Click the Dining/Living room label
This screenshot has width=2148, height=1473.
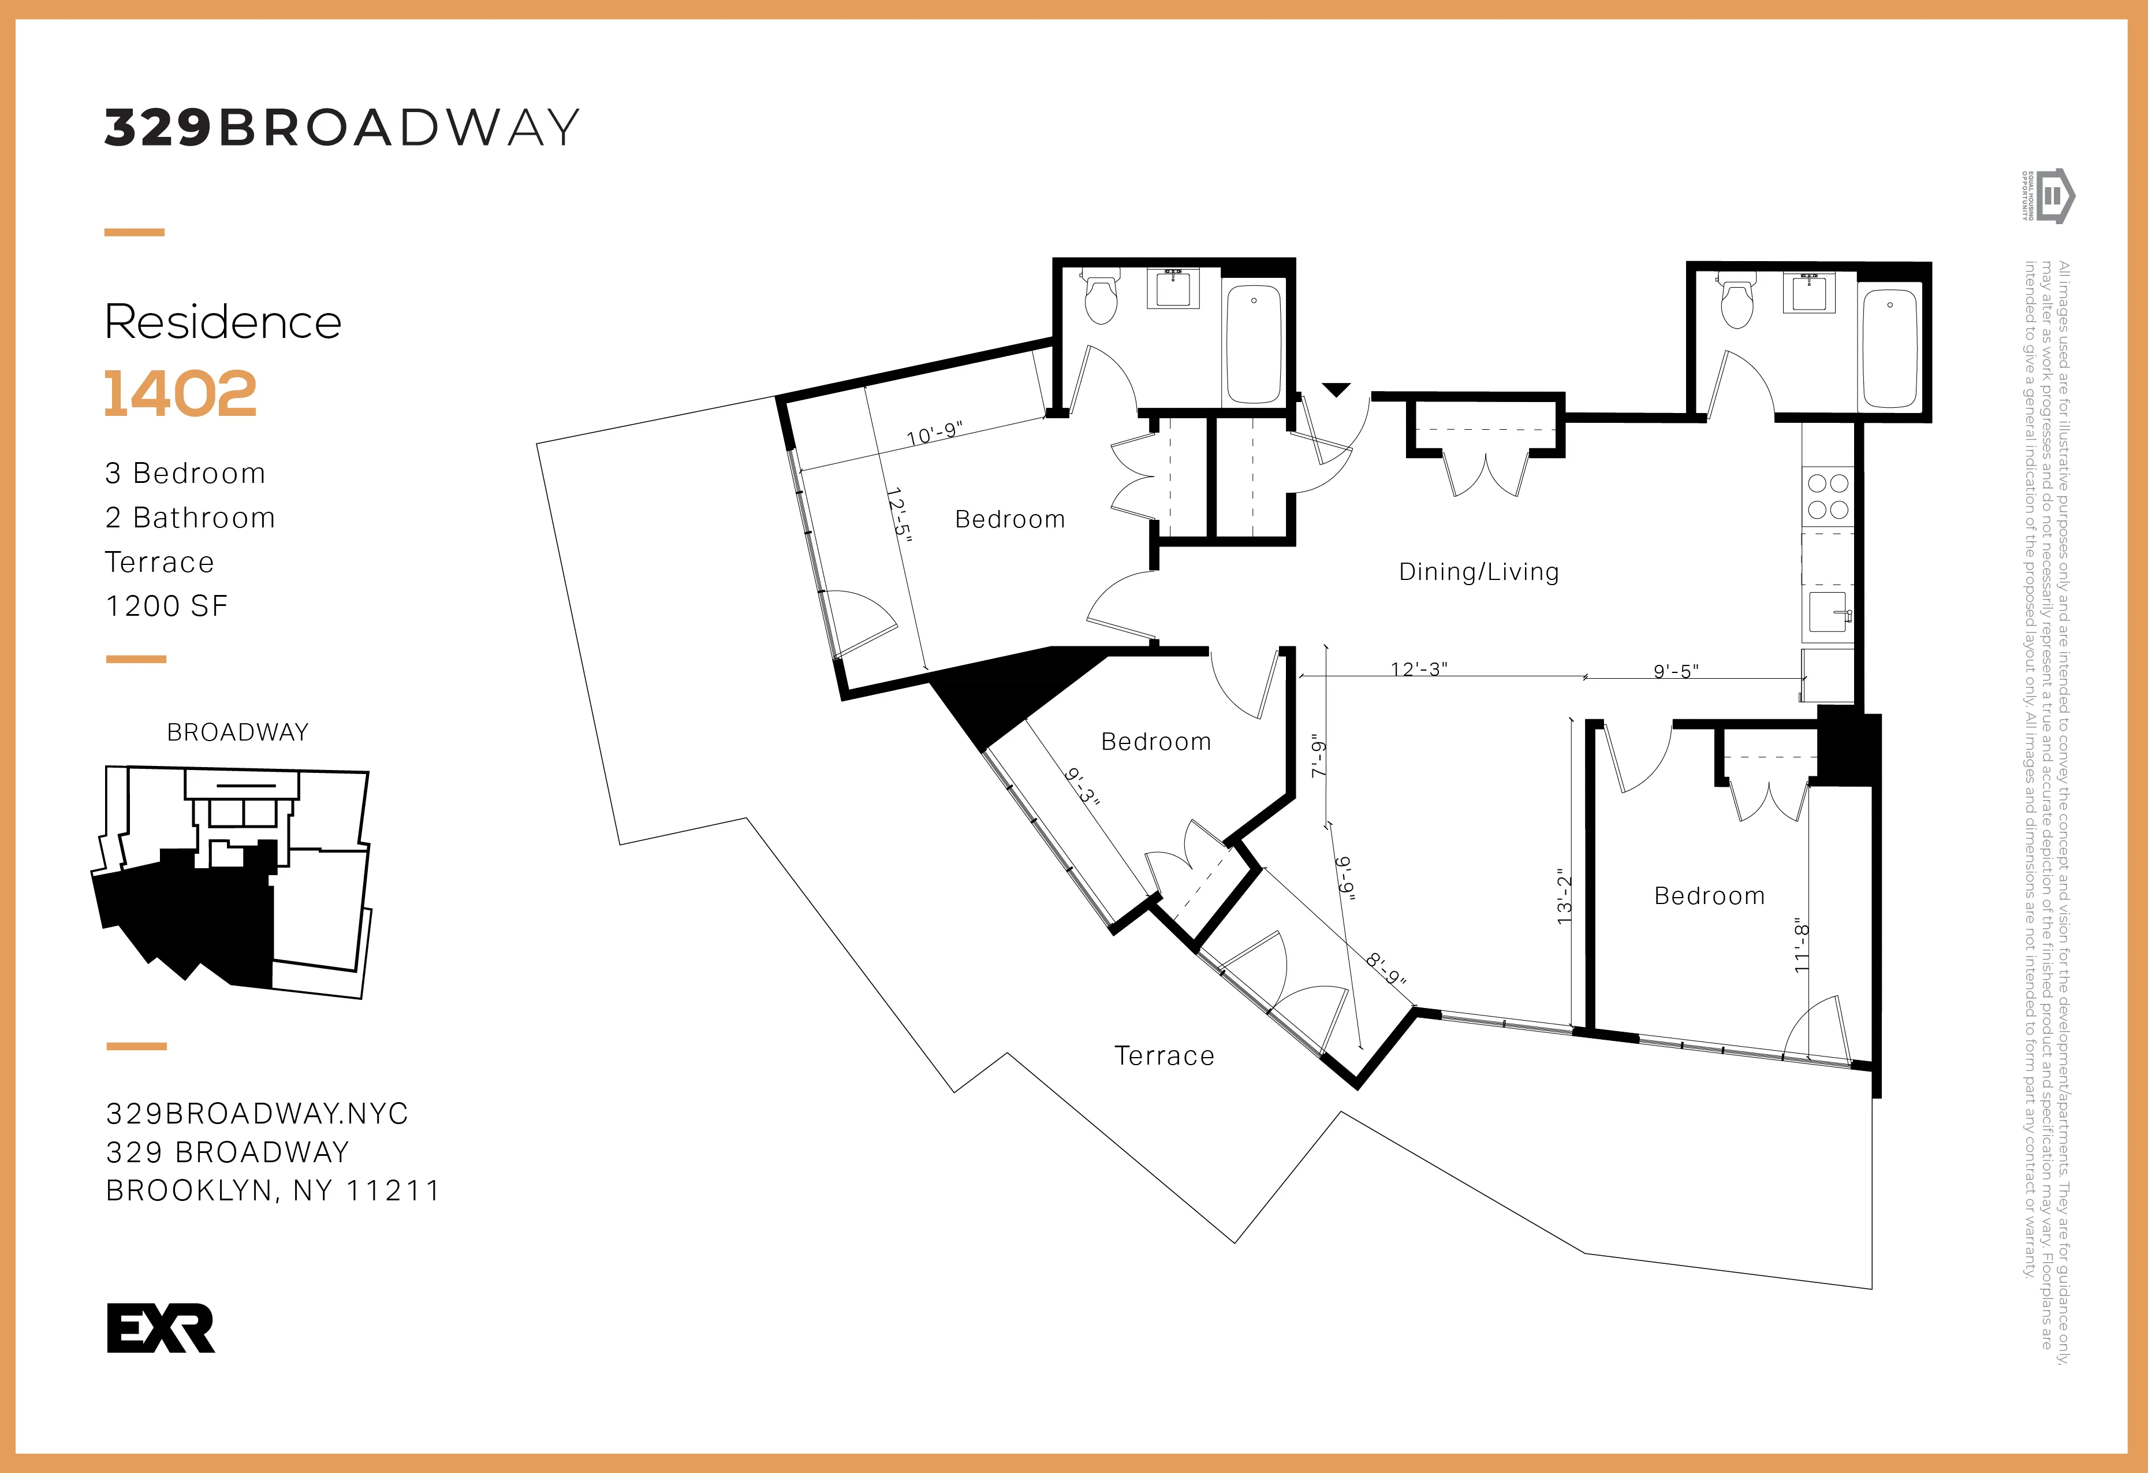coord(1479,572)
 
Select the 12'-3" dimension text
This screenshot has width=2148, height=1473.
coord(1419,668)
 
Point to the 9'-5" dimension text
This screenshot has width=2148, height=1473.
coord(1676,671)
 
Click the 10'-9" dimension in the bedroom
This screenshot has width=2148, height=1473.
coord(934,434)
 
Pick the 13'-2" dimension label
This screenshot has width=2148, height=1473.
coord(1564,897)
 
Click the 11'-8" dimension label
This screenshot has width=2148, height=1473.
coord(1800,945)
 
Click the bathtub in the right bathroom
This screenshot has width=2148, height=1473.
coord(1889,348)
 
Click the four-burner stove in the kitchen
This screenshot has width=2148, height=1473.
coord(1828,497)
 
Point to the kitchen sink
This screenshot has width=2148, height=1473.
coord(1828,612)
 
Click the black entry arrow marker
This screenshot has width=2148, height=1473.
coord(1336,389)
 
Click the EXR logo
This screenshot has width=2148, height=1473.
coord(161,1328)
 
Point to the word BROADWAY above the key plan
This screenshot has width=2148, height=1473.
coord(237,732)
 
